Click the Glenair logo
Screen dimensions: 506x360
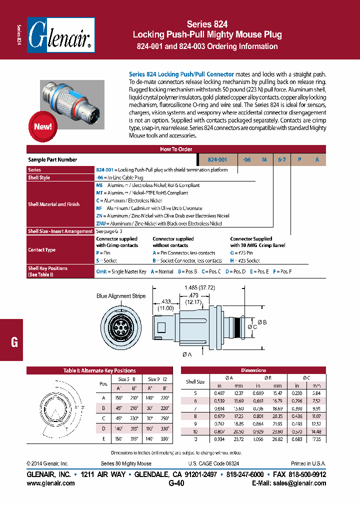tap(60, 35)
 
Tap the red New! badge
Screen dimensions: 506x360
tap(43, 126)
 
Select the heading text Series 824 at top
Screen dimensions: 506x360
tap(207, 24)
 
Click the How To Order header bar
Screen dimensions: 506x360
tap(175, 149)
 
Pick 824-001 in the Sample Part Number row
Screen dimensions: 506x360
tap(217, 159)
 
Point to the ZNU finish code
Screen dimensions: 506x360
tap(101, 223)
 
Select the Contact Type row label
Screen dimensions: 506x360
tap(42, 249)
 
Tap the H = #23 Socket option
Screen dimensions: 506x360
tap(245, 260)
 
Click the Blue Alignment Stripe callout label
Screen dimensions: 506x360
tap(121, 296)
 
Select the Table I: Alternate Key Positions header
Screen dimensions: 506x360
tap(99, 370)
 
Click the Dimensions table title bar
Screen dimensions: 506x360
tap(253, 370)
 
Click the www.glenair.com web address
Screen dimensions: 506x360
tap(50, 483)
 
